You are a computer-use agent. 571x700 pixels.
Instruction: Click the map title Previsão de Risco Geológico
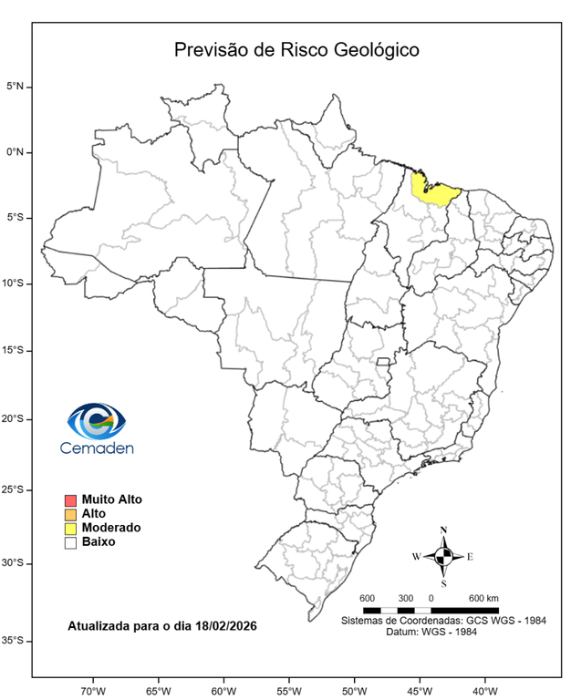(x=296, y=49)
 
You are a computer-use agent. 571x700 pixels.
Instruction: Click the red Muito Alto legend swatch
(x=70, y=500)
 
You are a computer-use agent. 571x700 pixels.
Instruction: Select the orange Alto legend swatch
(x=70, y=514)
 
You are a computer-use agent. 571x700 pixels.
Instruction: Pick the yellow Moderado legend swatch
(x=70, y=529)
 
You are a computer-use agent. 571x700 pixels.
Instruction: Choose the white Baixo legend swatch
(x=70, y=542)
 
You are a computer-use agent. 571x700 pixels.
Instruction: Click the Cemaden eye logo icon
(x=97, y=421)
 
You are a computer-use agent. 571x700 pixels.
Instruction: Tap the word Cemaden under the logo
(x=97, y=448)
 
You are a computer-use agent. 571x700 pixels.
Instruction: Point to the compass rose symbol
(x=443, y=556)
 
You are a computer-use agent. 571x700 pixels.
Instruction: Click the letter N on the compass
(x=443, y=530)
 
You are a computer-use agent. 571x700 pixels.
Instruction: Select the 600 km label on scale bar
(x=483, y=597)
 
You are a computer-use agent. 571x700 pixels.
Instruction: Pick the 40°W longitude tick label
(x=483, y=688)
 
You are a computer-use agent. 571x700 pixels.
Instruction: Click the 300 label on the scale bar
(x=406, y=597)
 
